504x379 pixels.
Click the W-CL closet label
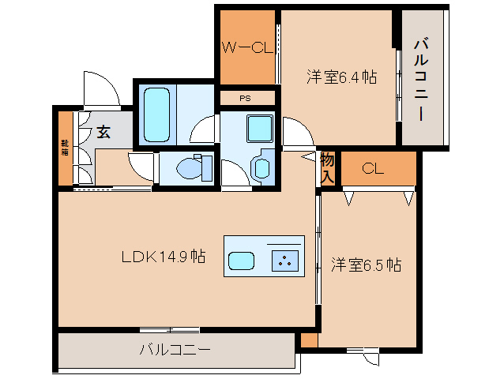(x=246, y=48)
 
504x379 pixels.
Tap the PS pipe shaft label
(x=246, y=99)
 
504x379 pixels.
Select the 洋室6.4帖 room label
(x=340, y=77)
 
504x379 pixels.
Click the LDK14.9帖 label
(x=164, y=257)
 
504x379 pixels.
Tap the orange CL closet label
(x=373, y=168)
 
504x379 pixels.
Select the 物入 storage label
(x=328, y=167)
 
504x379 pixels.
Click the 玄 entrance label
(x=103, y=132)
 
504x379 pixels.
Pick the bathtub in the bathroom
(x=157, y=114)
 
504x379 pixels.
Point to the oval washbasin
(x=261, y=167)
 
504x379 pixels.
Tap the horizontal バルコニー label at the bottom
(x=175, y=349)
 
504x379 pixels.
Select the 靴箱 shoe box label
(x=65, y=148)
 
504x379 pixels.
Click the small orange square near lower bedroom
(x=309, y=340)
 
